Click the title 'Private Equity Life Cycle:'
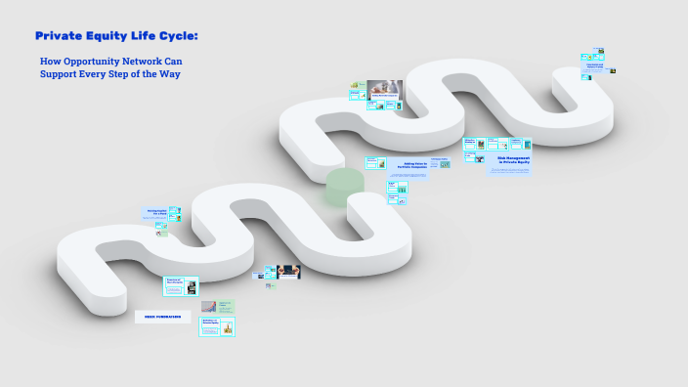[x=116, y=36]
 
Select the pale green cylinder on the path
[x=344, y=186]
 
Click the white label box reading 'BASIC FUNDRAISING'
[x=162, y=317]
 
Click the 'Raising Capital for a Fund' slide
[x=157, y=213]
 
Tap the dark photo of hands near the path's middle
[x=287, y=271]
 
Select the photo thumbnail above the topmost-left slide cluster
[x=385, y=87]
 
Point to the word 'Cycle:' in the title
[x=181, y=36]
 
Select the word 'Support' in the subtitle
[x=59, y=73]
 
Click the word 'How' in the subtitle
[x=50, y=62]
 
